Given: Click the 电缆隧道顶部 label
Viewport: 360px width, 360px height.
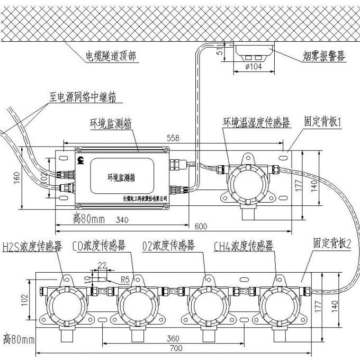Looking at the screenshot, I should click(113, 55).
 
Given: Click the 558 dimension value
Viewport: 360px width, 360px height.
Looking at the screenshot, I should click(173, 138).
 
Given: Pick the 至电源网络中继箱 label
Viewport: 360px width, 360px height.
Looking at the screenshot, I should click(83, 97).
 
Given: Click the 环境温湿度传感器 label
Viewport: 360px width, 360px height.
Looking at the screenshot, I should click(256, 123).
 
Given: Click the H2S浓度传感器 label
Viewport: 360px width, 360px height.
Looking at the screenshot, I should click(32, 246).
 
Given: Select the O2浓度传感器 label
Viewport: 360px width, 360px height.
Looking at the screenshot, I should click(168, 246).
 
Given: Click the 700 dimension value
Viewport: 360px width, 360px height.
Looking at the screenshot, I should click(177, 348).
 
